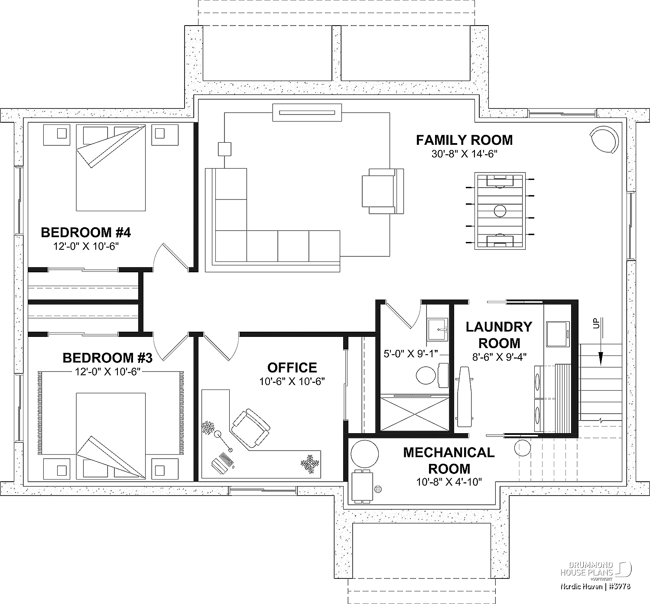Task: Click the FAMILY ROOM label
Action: point(464,140)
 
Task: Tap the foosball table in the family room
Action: point(500,211)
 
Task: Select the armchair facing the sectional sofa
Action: point(383,191)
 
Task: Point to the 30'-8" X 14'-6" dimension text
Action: point(465,154)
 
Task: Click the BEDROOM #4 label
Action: point(86,232)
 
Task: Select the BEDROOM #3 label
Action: point(107,358)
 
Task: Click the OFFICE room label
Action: point(292,368)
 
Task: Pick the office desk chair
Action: point(250,428)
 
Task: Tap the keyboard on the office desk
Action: point(227,459)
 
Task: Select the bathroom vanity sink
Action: point(437,330)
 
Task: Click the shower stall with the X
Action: point(415,413)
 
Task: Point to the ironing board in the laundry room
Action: point(464,397)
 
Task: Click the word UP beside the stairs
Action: point(596,323)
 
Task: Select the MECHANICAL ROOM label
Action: point(448,460)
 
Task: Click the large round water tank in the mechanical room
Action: point(364,454)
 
